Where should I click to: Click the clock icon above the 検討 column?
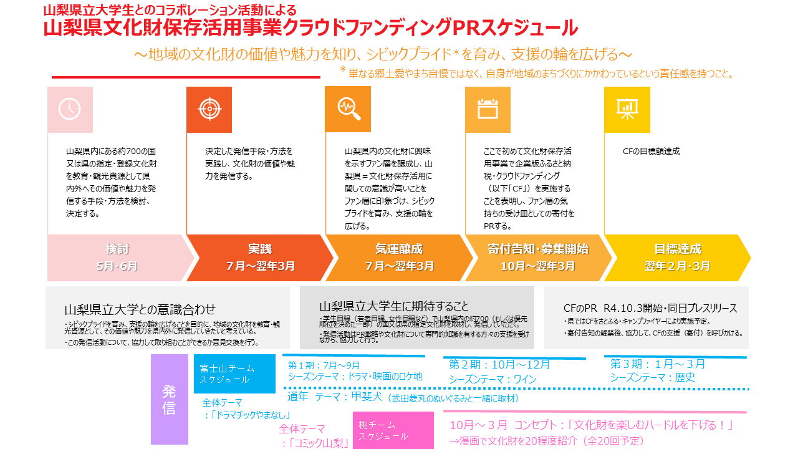pos(70,109)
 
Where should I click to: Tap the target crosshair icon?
pos(209,109)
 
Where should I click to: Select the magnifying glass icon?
pos(348,109)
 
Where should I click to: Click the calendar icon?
pos(488,109)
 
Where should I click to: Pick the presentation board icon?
pos(627,109)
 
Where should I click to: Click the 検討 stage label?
pos(117,249)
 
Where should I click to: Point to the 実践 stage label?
pos(260,249)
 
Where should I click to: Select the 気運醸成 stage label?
pos(399,249)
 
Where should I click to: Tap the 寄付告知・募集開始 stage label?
pos(537,249)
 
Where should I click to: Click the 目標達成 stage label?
pos(677,249)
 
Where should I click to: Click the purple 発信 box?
pos(169,399)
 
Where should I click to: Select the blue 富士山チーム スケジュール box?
pos(234,374)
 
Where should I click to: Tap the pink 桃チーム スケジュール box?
pos(393,430)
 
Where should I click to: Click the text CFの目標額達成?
pos(651,152)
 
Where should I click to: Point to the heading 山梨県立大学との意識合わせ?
pos(140,309)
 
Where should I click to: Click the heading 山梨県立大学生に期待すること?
pos(394,306)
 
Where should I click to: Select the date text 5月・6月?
pos(117,266)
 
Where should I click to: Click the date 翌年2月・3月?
pos(677,266)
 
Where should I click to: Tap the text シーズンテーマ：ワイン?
pos(493,379)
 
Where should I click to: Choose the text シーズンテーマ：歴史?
pos(653,377)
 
